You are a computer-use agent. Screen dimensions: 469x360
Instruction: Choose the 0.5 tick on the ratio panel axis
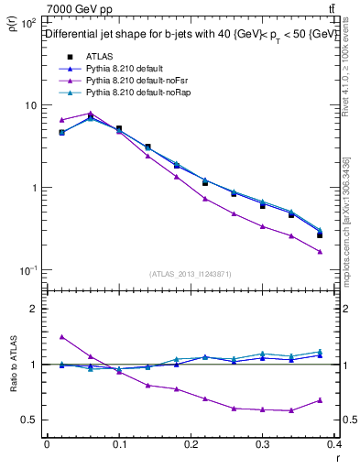28,420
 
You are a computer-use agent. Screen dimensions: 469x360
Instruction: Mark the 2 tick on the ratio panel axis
32,309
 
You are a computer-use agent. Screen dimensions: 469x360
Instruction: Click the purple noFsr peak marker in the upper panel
90,114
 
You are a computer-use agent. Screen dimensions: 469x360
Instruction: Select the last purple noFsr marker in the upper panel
320,252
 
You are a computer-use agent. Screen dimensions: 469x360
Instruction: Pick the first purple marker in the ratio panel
61,337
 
